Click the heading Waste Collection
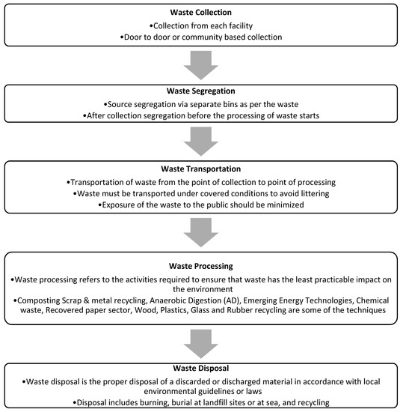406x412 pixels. [202, 12]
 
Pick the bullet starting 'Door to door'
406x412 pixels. [202, 35]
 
